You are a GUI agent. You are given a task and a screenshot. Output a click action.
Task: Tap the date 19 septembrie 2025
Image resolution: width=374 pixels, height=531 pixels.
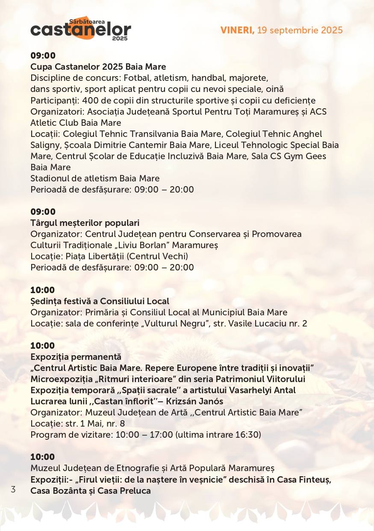[300, 30]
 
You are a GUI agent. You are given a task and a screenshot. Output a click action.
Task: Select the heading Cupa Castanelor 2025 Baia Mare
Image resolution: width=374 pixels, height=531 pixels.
[98, 67]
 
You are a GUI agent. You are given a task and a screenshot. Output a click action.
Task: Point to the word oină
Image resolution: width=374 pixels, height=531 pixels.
[275, 89]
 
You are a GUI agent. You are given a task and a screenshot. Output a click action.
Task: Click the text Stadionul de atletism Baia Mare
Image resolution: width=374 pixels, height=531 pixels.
[95, 178]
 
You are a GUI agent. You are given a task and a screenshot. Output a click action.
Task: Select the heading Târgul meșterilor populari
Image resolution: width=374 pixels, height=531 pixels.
[85, 223]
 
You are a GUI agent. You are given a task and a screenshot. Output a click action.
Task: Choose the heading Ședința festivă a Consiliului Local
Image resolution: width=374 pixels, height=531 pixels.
[100, 301]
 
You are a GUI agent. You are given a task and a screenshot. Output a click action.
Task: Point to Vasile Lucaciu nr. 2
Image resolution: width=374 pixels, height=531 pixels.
[268, 323]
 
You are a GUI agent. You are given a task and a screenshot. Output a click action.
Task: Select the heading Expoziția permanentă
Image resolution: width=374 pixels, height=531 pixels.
[76, 356]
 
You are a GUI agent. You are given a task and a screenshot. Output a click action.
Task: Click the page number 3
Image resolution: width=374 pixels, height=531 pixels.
[13, 489]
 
